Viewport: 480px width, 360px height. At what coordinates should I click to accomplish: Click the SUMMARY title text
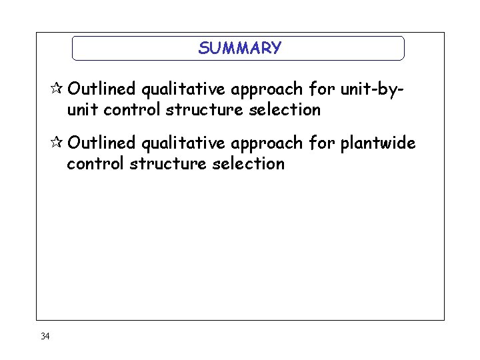pos(239,48)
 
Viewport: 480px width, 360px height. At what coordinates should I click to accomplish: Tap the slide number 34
pos(45,336)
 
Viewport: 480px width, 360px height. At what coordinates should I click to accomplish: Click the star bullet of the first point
pos(58,89)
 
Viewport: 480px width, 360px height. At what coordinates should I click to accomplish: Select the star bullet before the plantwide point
pos(58,143)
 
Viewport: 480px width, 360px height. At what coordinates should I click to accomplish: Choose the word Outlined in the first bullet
pos(102,89)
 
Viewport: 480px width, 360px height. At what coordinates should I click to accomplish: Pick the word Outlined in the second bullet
pos(102,143)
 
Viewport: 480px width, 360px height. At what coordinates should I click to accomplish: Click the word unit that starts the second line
pos(83,109)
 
